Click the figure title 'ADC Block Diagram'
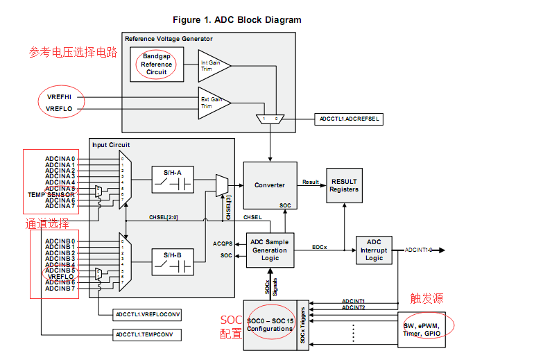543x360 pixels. click(x=236, y=20)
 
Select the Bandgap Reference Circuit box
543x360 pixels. click(x=157, y=64)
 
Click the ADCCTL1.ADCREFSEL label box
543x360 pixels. click(x=348, y=119)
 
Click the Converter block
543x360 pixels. click(x=270, y=185)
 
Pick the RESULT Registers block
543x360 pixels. click(x=344, y=185)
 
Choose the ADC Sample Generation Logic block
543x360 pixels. click(x=270, y=250)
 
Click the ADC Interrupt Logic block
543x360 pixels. click(x=374, y=250)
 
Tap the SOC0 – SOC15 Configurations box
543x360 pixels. click(x=270, y=324)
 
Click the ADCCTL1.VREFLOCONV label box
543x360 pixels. click(x=148, y=315)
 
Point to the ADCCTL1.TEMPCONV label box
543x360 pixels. click(x=148, y=335)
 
